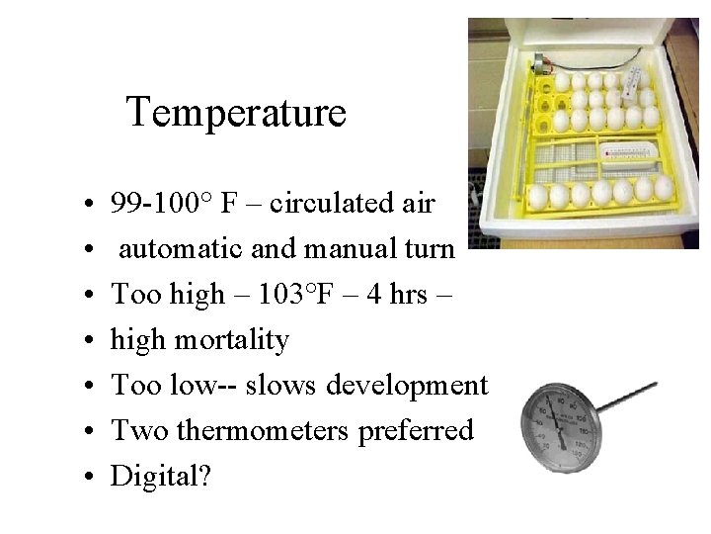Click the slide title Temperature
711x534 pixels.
(236, 112)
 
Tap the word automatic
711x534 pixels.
(182, 249)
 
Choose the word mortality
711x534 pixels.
(231, 340)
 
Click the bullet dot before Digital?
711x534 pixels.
(90, 477)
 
